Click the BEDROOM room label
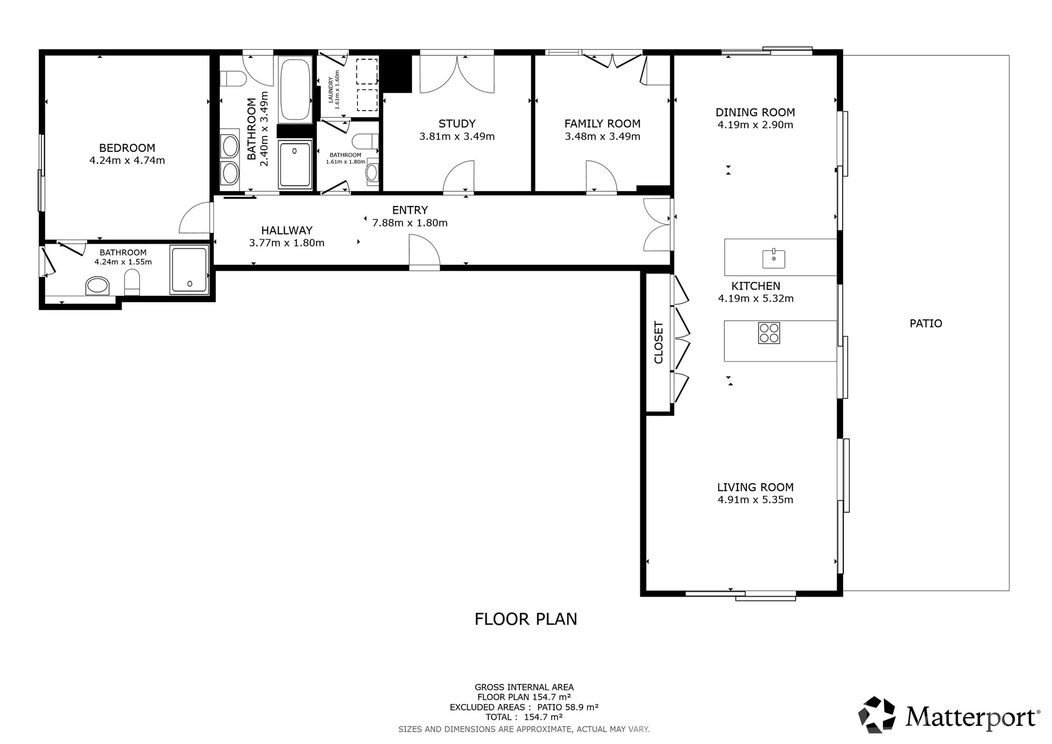127,148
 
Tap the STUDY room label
457,124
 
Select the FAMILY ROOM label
602,124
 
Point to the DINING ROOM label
755,112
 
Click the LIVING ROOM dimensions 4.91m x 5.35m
755,500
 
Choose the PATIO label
926,323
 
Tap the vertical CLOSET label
659,342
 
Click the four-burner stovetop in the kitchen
769,333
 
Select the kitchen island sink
774,258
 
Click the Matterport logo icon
877,714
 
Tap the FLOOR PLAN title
526,619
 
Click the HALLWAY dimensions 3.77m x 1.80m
287,243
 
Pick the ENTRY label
410,210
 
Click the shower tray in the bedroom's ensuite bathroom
189,270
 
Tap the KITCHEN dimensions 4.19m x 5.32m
756,299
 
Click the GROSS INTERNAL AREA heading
524,687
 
